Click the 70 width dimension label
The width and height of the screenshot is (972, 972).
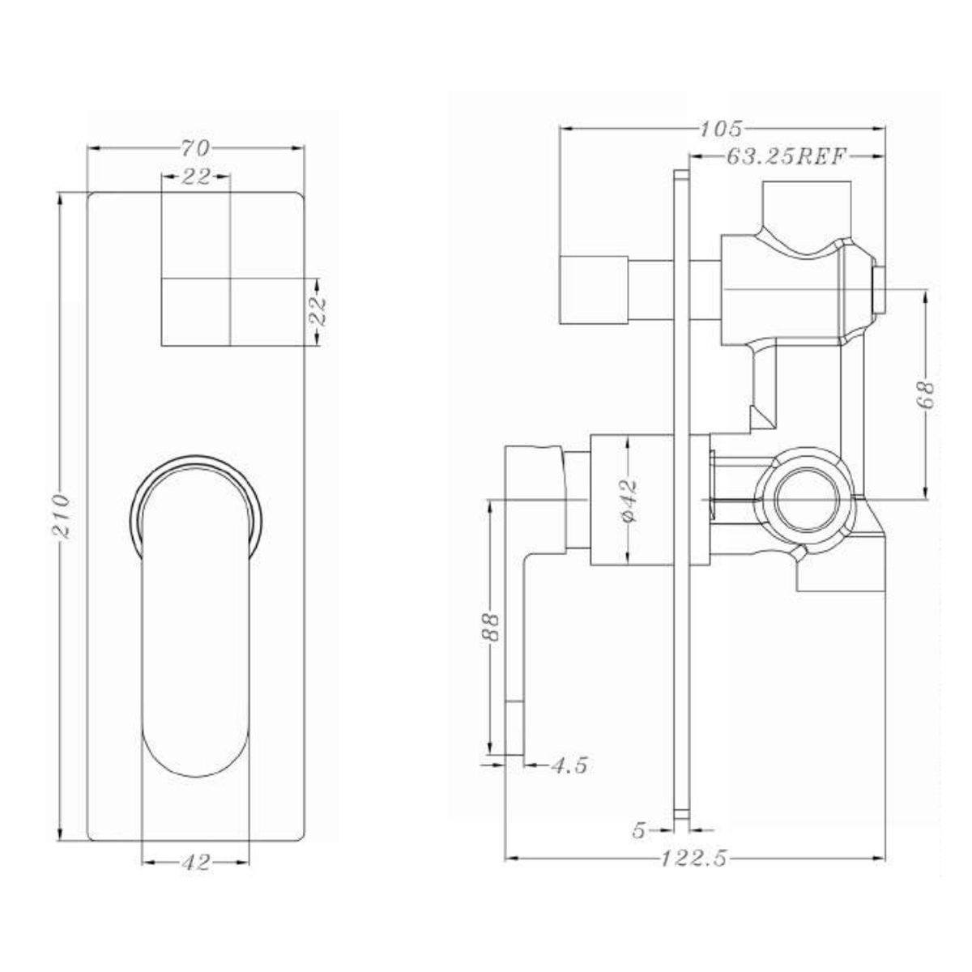[x=195, y=147]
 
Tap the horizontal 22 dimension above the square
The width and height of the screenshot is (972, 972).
[x=195, y=176]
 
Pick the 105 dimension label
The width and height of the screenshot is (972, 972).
[x=722, y=127]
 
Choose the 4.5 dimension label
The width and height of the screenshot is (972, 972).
[x=569, y=764]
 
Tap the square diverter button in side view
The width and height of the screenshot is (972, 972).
[x=594, y=289]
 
